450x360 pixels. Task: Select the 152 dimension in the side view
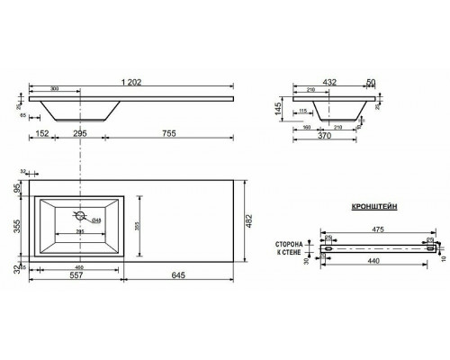41,131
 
